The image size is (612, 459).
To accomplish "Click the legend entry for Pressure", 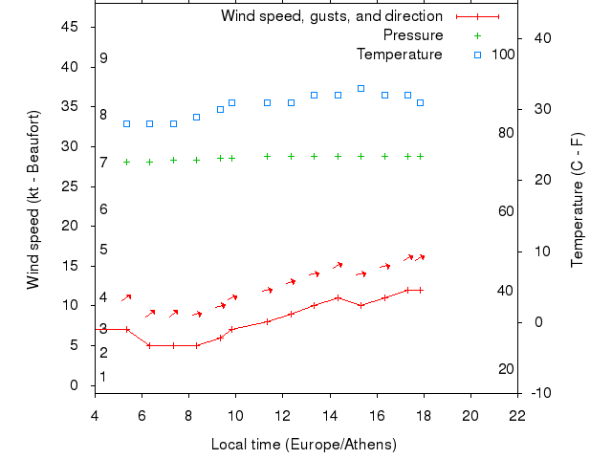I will pyautogui.click(x=412, y=35).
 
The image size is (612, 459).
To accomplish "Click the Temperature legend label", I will pyautogui.click(x=399, y=55).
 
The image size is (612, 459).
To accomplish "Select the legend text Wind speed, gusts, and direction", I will pyautogui.click(x=331, y=16).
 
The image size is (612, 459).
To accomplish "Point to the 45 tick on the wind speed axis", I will pyautogui.click(x=71, y=27).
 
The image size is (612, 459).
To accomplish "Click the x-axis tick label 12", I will pyautogui.click(x=282, y=416).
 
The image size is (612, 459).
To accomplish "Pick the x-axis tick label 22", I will pyautogui.click(x=517, y=416).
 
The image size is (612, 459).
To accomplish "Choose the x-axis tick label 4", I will pyautogui.click(x=94, y=416).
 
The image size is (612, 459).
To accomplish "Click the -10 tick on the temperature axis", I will pyautogui.click(x=539, y=393).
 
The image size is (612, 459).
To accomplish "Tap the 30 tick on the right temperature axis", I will pyautogui.click(x=539, y=109).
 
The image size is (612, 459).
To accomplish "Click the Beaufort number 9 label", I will pyautogui.click(x=103, y=58).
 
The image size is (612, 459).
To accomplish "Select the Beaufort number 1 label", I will pyautogui.click(x=103, y=377).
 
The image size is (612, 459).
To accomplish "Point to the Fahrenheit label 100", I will pyautogui.click(x=503, y=55).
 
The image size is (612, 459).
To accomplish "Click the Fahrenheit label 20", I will pyautogui.click(x=507, y=369).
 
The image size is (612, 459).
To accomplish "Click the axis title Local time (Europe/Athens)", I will pyautogui.click(x=303, y=445).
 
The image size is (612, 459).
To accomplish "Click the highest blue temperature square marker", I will pyautogui.click(x=361, y=88).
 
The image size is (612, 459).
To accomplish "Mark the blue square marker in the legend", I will pyautogui.click(x=477, y=55).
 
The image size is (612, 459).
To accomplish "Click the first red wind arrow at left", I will pyautogui.click(x=126, y=298).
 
